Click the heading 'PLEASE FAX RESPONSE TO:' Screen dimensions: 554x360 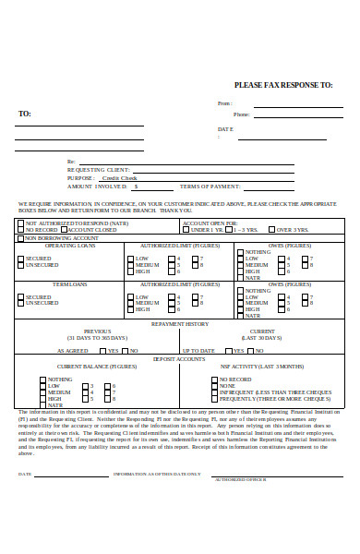point(283,84)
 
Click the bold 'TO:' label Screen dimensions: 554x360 point(25,114)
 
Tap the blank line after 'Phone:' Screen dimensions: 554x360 point(296,115)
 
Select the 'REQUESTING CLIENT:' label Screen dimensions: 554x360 point(99,170)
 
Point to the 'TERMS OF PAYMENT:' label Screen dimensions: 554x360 point(210,187)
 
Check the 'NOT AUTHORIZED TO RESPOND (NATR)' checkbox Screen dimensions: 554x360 point(20,223)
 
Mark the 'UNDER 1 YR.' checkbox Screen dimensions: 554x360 point(186,229)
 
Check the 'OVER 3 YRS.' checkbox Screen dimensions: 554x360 point(271,229)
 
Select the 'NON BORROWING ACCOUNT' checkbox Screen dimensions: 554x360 point(20,238)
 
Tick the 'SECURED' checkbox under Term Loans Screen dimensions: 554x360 point(20,296)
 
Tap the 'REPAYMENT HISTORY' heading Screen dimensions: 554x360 point(180,324)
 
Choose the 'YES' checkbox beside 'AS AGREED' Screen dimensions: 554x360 point(104,351)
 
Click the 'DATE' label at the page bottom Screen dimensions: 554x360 point(25,475)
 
